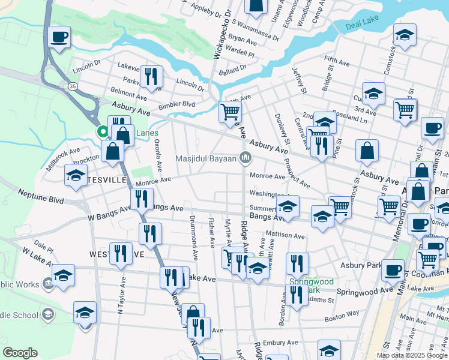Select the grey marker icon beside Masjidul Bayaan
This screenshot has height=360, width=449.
[244, 158]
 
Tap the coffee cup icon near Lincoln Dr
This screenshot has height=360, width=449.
[59, 37]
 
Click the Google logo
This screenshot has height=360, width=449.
[20, 352]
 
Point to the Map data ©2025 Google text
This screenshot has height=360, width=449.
[411, 355]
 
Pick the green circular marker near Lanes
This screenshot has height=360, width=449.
[103, 132]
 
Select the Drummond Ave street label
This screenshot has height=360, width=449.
[193, 237]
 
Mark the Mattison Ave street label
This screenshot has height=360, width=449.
[286, 236]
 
